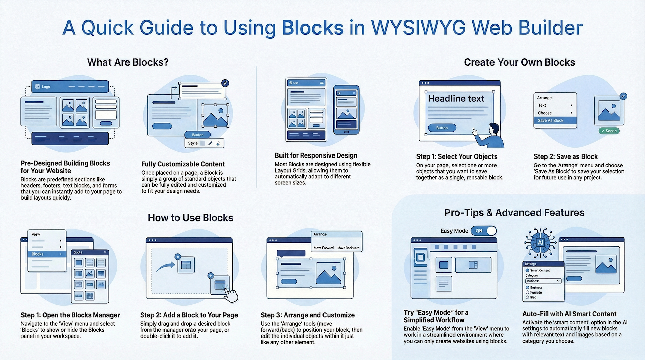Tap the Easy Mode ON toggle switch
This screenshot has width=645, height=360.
pyautogui.click(x=483, y=231)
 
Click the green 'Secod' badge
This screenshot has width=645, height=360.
pyautogui.click(x=609, y=131)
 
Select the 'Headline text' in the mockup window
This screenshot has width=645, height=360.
pyautogui.click(x=456, y=99)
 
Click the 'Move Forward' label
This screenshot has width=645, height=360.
pyautogui.click(x=324, y=248)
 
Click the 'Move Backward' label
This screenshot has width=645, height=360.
pyautogui.click(x=348, y=248)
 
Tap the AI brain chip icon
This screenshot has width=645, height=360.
pyautogui.click(x=540, y=242)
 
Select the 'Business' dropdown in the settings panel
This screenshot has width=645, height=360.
pyautogui.click(x=543, y=281)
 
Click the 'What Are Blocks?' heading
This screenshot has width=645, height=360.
pyautogui.click(x=128, y=62)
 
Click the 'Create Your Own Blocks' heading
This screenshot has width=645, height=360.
pyautogui.click(x=519, y=62)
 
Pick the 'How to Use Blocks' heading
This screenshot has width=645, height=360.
pyautogui.click(x=190, y=218)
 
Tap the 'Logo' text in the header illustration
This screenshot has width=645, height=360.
pyautogui.click(x=46, y=87)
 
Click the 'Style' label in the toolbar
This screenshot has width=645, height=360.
pyautogui.click(x=193, y=143)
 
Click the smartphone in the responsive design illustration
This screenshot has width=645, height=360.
pyautogui.click(x=346, y=109)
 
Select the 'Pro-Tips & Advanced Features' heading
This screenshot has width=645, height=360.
pyautogui.click(x=514, y=213)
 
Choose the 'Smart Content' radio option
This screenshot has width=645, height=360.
pyautogui.click(x=528, y=270)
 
